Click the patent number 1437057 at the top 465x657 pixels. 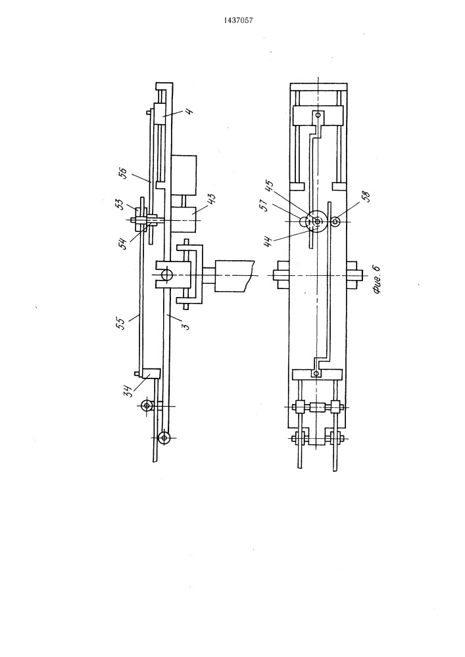[x=239, y=20]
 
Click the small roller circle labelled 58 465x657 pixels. [x=335, y=221]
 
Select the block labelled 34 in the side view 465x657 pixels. [x=151, y=373]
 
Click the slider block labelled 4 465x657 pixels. [x=162, y=113]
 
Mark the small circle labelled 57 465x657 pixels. [x=304, y=220]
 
